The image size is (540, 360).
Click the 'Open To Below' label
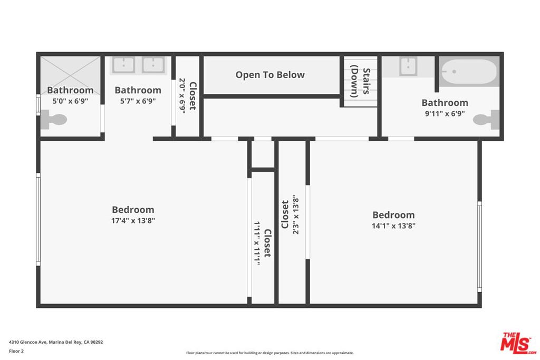pyautogui.click(x=270, y=75)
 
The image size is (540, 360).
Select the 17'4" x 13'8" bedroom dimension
pyautogui.click(x=133, y=221)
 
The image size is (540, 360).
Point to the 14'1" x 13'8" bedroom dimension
pyautogui.click(x=393, y=226)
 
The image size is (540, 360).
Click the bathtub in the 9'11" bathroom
pyautogui.click(x=469, y=72)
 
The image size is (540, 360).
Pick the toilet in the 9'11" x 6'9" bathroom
pyautogui.click(x=486, y=120)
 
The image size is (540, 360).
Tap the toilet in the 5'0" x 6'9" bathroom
pyautogui.click(x=54, y=120)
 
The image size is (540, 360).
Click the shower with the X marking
pyautogui.click(x=70, y=75)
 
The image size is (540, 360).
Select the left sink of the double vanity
pyautogui.click(x=123, y=65)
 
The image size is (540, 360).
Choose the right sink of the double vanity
pyautogui.click(x=153, y=65)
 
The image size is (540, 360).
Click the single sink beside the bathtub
pyautogui.click(x=408, y=66)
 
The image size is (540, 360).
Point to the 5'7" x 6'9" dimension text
pyautogui.click(x=138, y=101)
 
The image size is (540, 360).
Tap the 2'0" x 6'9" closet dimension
pyautogui.click(x=182, y=96)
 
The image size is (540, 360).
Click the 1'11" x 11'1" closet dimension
pyautogui.click(x=257, y=243)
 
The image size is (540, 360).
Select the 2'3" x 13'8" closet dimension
pyautogui.click(x=296, y=215)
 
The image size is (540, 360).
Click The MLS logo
pyautogui.click(x=518, y=343)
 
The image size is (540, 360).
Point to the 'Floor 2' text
pyautogui.click(x=16, y=351)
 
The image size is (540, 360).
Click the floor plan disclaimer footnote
pyautogui.click(x=269, y=353)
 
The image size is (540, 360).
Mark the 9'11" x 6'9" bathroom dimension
pyautogui.click(x=445, y=113)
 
